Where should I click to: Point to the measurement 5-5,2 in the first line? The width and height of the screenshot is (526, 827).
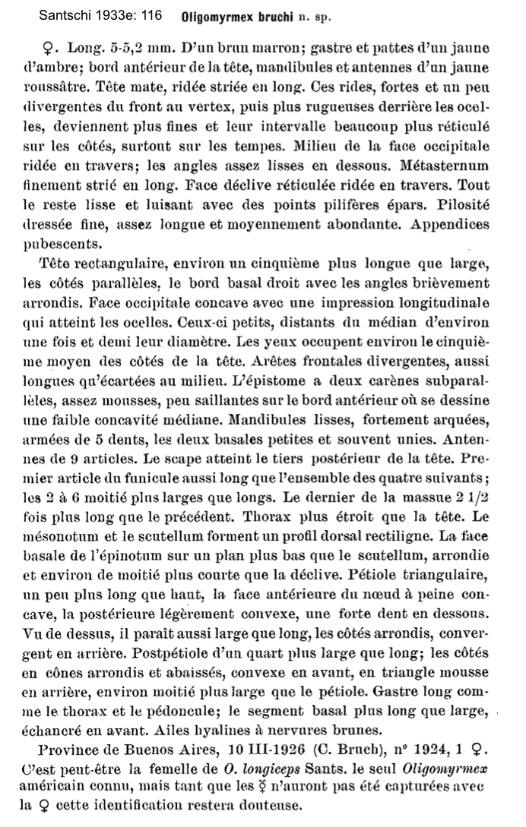pos(114,48)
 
